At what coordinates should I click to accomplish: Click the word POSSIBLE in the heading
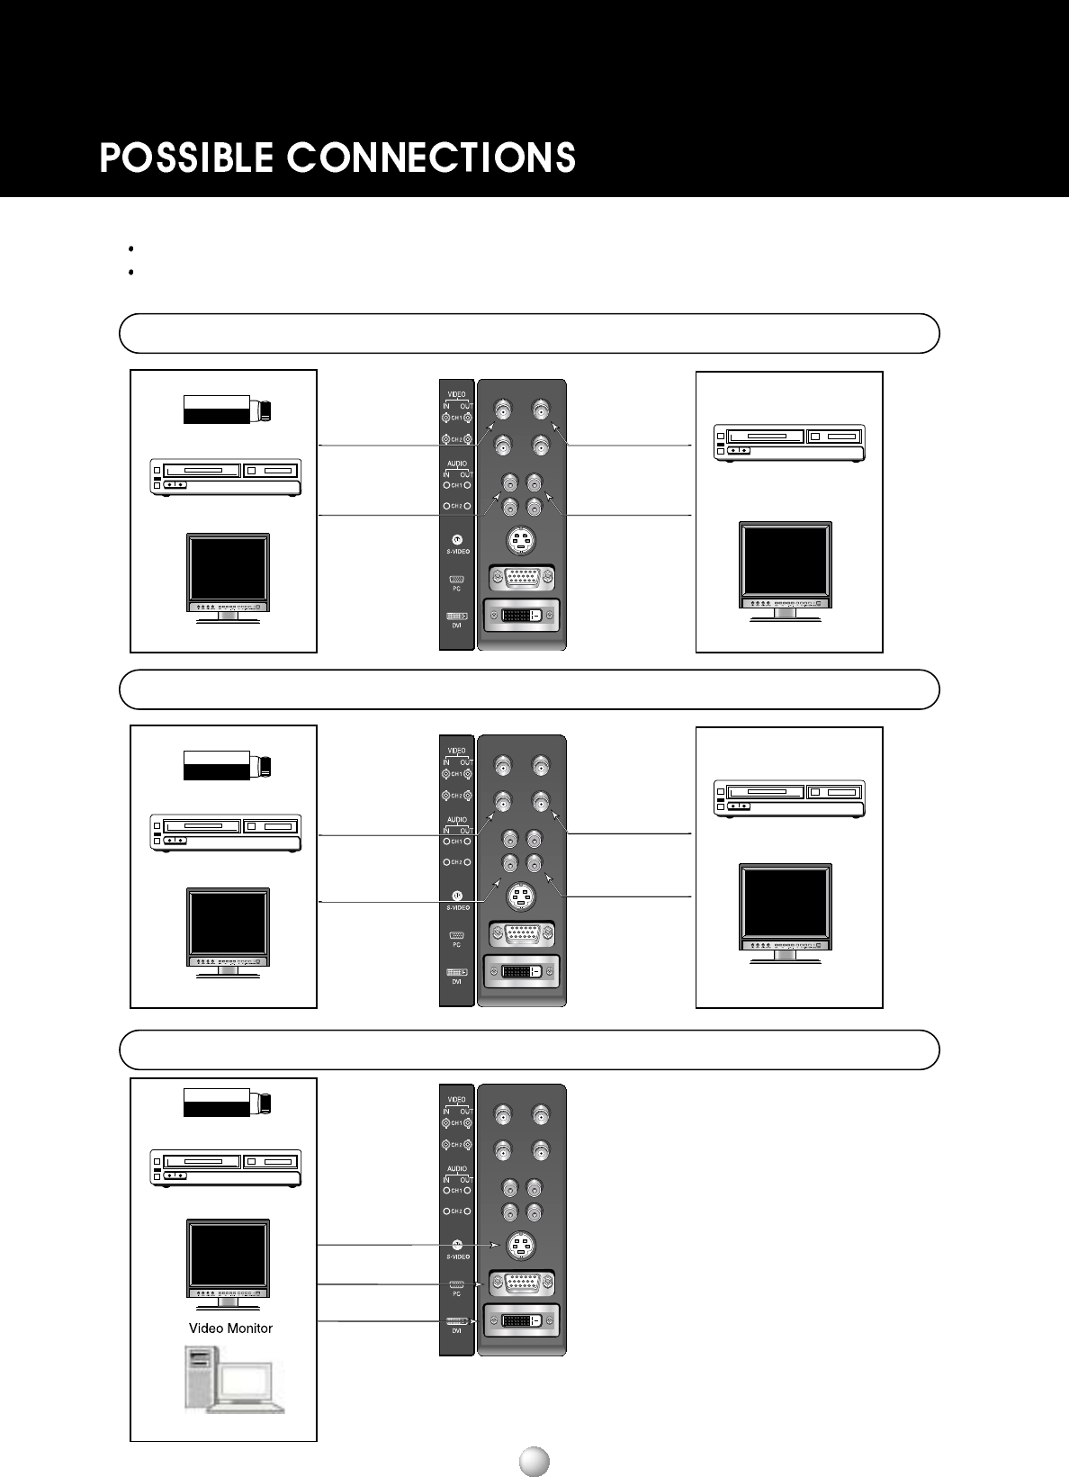tap(186, 158)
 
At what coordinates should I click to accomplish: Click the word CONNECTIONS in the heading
tap(431, 158)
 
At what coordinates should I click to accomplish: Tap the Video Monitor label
tap(230, 1328)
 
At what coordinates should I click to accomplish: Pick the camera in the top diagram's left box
tap(228, 410)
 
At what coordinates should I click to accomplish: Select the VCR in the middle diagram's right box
tap(789, 798)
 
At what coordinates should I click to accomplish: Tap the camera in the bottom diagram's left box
tap(228, 1103)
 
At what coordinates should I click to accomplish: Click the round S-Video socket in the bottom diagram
tap(521, 1246)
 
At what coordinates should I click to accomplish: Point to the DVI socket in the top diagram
tap(522, 616)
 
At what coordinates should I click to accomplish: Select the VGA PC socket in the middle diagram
tap(522, 933)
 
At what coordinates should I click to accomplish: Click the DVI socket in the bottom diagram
tap(522, 1320)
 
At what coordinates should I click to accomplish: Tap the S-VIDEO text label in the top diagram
tap(458, 552)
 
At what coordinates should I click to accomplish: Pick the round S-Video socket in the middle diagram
tap(521, 896)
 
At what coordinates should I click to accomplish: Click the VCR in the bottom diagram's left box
tap(225, 1168)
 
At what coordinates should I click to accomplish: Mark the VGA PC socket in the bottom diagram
tap(522, 1283)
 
